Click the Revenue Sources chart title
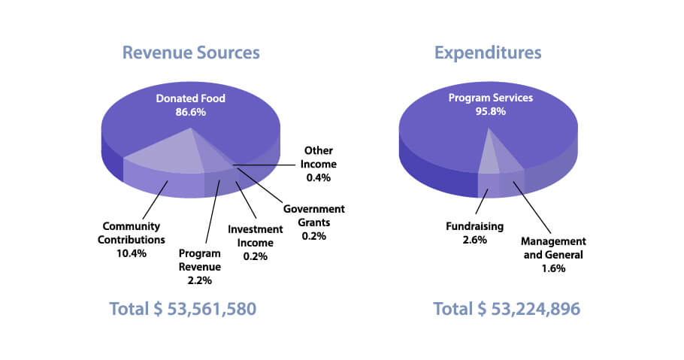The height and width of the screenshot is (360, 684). [x=191, y=53]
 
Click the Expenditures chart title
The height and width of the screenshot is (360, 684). [x=487, y=53]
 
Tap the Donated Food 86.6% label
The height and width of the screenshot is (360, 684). [x=190, y=105]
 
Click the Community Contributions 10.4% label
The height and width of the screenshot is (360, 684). [x=135, y=240]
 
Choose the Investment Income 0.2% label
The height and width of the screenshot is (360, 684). [x=255, y=241]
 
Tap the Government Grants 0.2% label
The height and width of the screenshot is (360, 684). [x=314, y=222]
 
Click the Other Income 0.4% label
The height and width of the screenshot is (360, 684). [x=319, y=164]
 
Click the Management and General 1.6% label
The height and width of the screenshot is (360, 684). [x=553, y=253]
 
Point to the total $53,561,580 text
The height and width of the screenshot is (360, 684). [x=183, y=309]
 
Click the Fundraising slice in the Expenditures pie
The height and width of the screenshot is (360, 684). [x=487, y=158]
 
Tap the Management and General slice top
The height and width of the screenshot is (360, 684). [x=506, y=160]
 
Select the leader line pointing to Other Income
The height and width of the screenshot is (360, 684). [x=267, y=164]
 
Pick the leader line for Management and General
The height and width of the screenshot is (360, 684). [x=535, y=210]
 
